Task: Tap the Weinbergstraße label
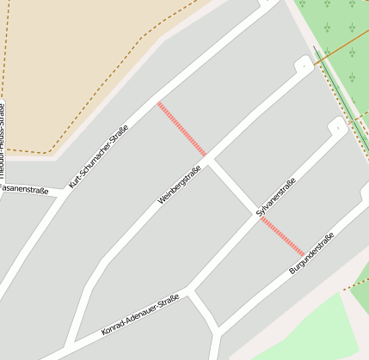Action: (179, 185)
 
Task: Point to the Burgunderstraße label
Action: (311, 253)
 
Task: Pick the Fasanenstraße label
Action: (23, 186)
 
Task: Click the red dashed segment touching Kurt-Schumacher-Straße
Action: (181, 129)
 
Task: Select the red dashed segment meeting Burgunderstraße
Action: (282, 236)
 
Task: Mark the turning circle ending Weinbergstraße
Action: (304, 65)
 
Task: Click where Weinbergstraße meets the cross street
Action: (210, 159)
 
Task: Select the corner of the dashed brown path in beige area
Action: (49, 154)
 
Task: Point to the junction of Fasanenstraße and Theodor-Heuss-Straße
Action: (4, 186)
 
